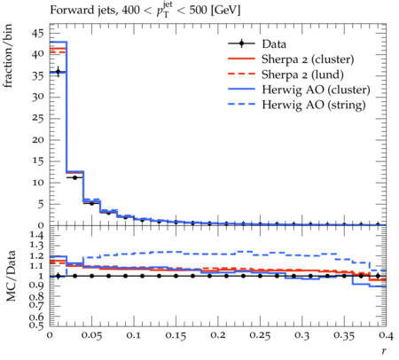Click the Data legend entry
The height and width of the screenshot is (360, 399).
click(x=274, y=44)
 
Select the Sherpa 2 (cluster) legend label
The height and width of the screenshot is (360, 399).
click(x=308, y=59)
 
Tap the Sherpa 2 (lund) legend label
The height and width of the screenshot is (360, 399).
click(x=302, y=74)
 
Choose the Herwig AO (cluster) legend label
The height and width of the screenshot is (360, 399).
click(x=316, y=90)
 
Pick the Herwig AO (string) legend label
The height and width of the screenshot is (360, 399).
click(x=314, y=105)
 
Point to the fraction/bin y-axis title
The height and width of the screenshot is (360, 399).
click(x=8, y=56)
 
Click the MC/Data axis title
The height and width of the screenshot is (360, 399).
click(x=11, y=276)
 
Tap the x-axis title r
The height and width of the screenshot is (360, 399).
click(x=384, y=351)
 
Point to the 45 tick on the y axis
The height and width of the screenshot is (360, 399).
click(x=38, y=33)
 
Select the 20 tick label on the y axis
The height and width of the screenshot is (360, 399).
click(x=38, y=139)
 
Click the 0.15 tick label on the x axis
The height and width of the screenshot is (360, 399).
click(x=176, y=335)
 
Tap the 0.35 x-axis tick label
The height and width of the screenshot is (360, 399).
click(x=344, y=335)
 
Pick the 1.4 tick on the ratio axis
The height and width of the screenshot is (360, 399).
click(x=37, y=236)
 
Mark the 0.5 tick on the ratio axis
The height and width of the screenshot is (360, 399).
click(x=37, y=325)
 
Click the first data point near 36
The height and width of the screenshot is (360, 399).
click(x=58, y=71)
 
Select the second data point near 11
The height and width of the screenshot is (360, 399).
click(x=74, y=177)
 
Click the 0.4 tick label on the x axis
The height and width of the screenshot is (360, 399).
click(x=387, y=335)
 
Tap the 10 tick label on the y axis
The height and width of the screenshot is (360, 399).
click(x=38, y=183)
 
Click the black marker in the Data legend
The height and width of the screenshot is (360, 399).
click(x=241, y=43)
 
